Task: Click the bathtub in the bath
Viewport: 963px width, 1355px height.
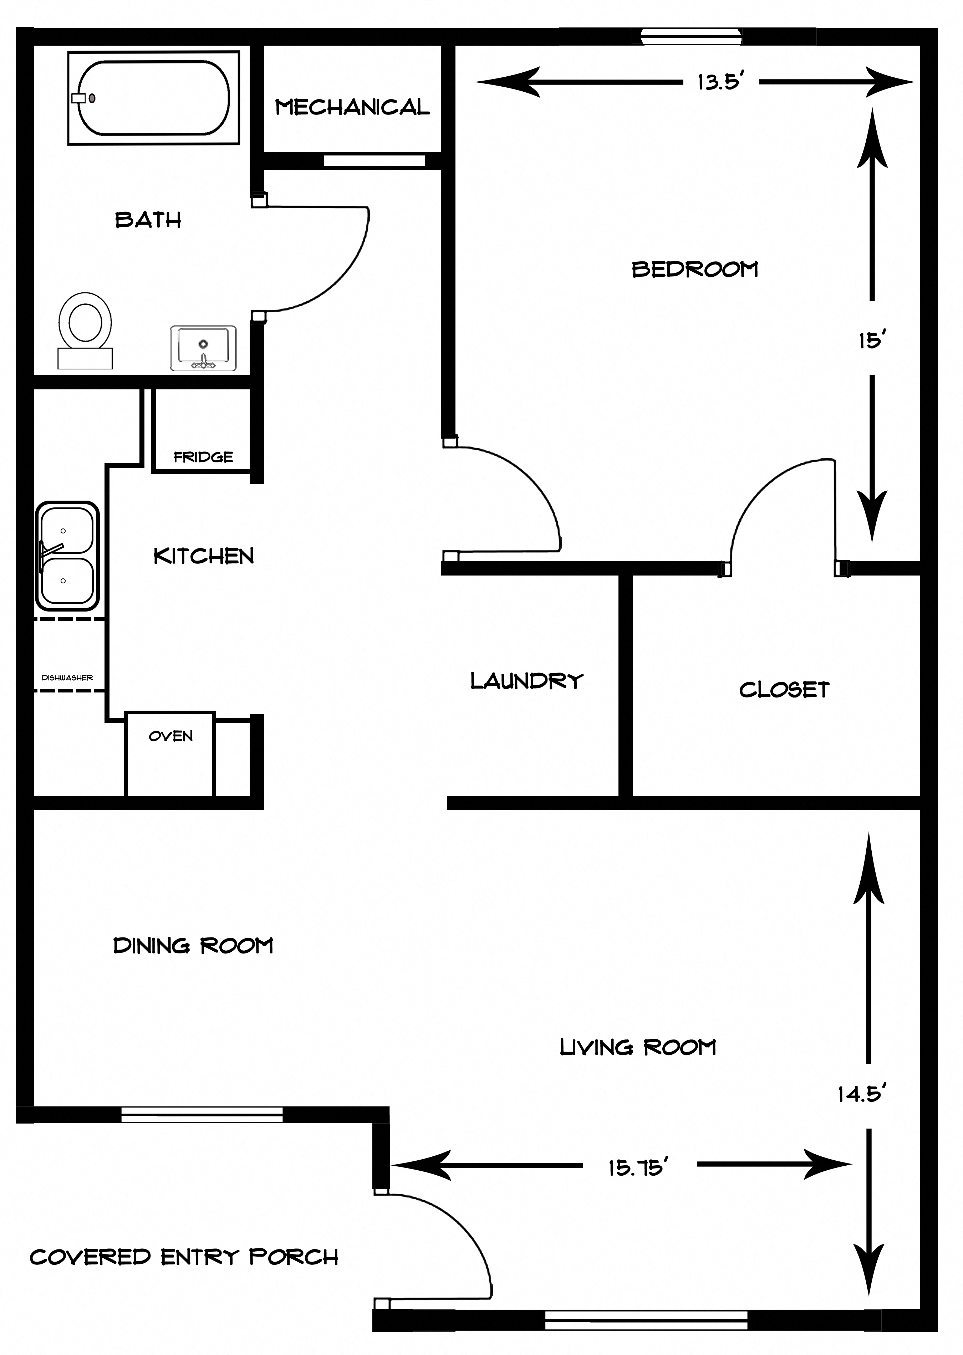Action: (154, 98)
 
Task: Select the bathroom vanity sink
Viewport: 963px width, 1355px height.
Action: (203, 347)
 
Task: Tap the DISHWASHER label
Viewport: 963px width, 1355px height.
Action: (67, 677)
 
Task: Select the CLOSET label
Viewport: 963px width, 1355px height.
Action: (784, 689)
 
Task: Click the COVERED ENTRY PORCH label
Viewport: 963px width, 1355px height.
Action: (184, 1257)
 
